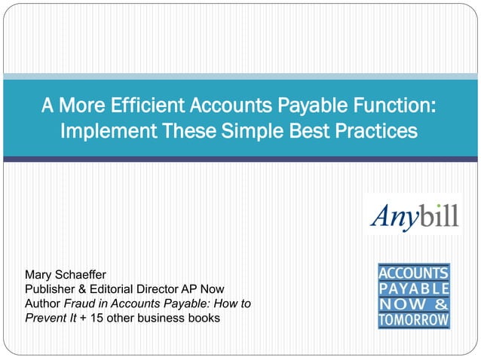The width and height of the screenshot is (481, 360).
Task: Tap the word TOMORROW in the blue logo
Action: point(414,319)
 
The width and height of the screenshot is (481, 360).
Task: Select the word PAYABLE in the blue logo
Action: point(414,288)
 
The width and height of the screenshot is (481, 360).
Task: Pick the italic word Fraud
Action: point(79,304)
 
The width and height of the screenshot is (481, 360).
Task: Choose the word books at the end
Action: point(204,318)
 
